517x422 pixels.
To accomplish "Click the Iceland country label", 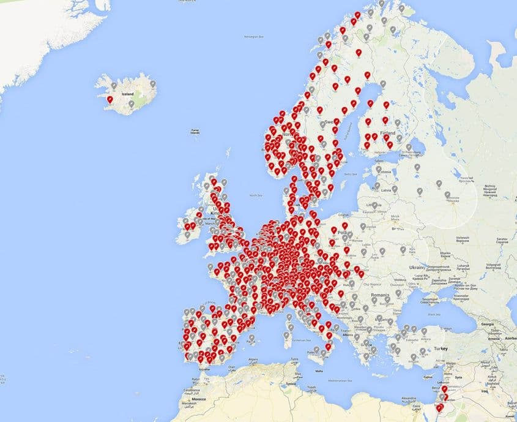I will (127, 94).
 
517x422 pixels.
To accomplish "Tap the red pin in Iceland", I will (110, 99).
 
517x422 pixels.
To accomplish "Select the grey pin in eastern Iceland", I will (152, 84).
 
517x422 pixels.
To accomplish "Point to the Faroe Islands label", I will (195, 131).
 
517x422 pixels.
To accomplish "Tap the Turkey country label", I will (442, 348).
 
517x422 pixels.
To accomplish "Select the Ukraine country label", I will (417, 267).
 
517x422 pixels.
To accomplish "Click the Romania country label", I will (379, 295).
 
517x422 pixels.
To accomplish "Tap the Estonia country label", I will (384, 172).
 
